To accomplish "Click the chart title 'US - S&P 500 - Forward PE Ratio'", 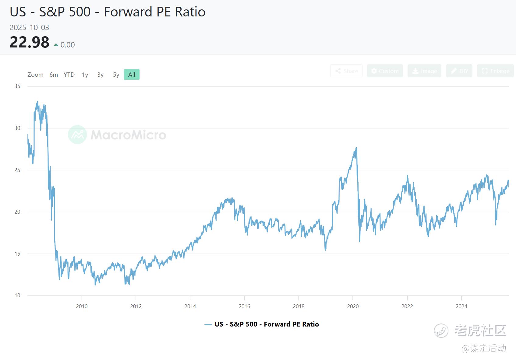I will [108, 12].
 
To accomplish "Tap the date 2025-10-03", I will [29, 28].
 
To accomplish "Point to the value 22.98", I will [29, 42].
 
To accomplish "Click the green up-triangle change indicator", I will [56, 45].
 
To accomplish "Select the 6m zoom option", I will [54, 75].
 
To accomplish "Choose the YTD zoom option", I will [69, 75].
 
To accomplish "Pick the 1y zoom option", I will [85, 75].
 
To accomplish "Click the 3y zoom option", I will [101, 75].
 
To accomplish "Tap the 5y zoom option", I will [116, 75].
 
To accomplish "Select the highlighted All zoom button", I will [132, 75].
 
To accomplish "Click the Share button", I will [346, 71].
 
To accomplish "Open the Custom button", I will [385, 71].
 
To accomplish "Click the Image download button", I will [424, 71].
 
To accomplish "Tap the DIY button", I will [459, 71].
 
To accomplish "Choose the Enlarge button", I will [495, 71].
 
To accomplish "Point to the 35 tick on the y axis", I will [17, 86].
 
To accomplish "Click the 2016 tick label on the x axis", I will [244, 306].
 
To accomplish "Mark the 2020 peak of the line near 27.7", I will [356, 148].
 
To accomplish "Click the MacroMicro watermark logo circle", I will [77, 135].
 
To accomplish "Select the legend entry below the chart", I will [262, 324].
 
